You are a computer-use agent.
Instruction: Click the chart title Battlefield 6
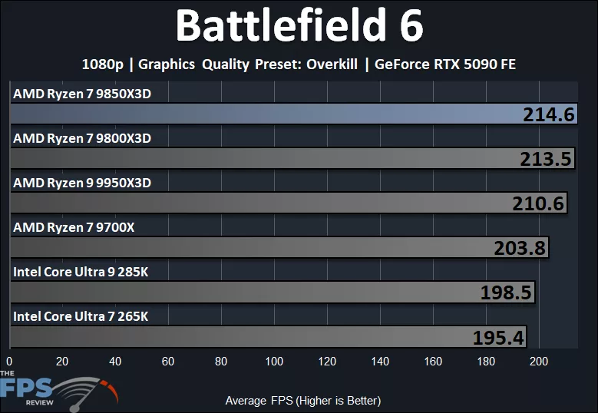click(x=299, y=26)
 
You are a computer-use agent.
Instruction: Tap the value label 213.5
click(x=546, y=159)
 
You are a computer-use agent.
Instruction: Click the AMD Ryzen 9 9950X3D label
click(x=82, y=183)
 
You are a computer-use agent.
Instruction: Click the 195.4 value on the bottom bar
click(x=498, y=337)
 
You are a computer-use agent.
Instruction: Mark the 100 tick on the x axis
click(x=274, y=362)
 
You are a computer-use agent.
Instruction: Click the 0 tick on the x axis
click(x=9, y=362)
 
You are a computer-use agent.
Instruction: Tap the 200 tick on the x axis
click(x=539, y=362)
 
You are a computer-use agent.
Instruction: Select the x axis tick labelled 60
click(x=168, y=362)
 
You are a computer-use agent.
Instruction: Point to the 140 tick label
click(x=380, y=362)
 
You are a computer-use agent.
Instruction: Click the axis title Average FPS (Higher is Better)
click(x=302, y=400)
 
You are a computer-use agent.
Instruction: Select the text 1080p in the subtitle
click(x=102, y=64)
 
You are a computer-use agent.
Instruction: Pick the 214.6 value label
click(x=549, y=114)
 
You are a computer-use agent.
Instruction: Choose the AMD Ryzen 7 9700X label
click(x=74, y=227)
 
